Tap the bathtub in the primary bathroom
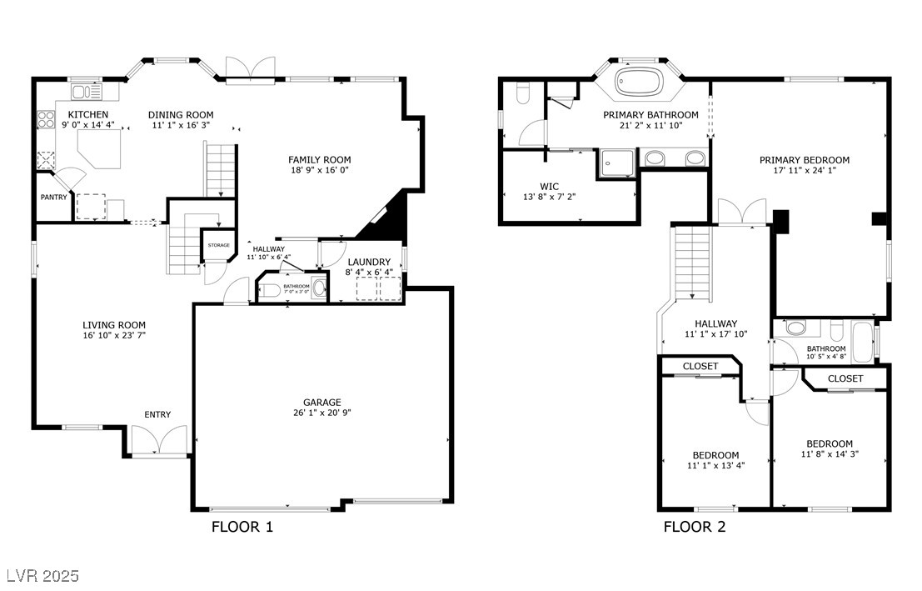coord(639,83)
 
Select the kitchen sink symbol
coord(83,93)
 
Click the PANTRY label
coord(53,198)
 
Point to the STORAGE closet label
coord(218,245)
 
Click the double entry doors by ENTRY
coord(158,441)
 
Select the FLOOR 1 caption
coord(242,527)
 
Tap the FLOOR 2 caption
coord(695,527)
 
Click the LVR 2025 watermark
coord(42,576)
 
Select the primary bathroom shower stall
coord(615,163)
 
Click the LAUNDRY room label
coord(369,262)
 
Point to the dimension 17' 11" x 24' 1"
coord(804,171)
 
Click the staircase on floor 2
coord(693,264)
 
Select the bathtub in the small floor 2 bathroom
coord(863,341)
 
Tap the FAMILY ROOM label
coord(320,159)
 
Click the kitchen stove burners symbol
coord(45,120)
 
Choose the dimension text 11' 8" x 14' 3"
coord(829,454)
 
